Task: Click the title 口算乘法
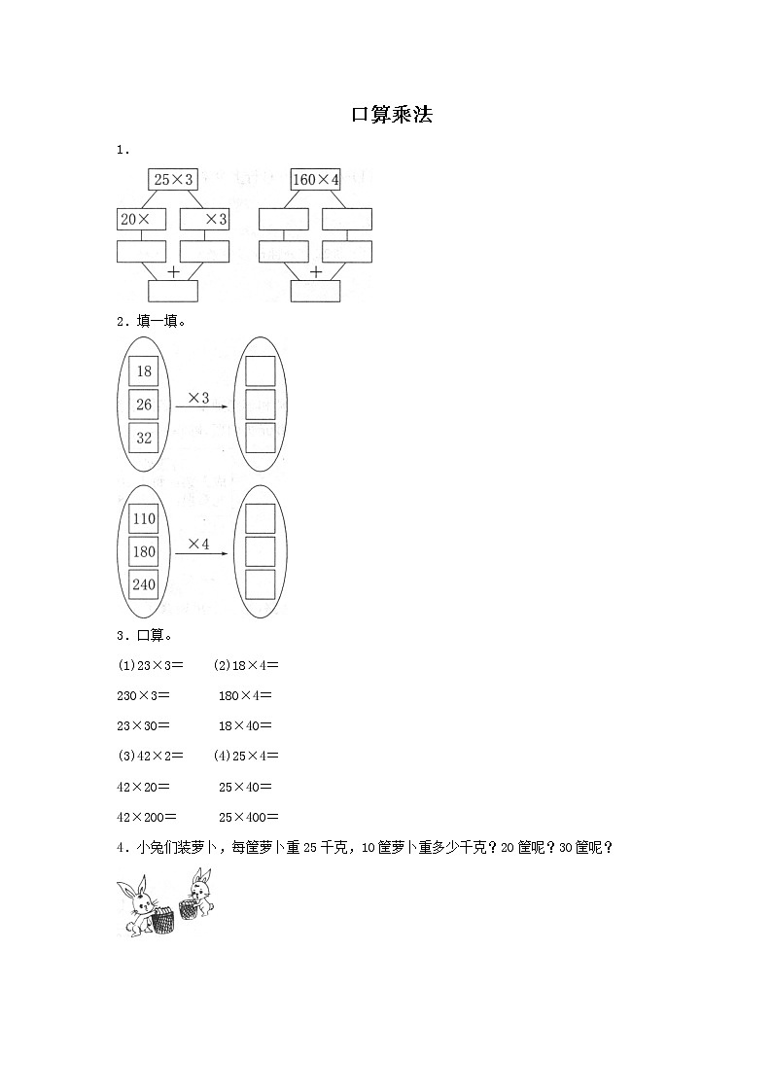click(x=391, y=115)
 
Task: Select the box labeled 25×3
click(x=173, y=180)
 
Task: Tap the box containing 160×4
click(x=316, y=180)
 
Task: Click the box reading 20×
click(x=141, y=220)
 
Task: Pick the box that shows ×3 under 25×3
click(x=205, y=220)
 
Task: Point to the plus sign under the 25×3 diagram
click(x=173, y=272)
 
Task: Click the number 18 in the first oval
click(x=145, y=371)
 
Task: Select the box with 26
click(x=145, y=405)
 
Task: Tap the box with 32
click(x=145, y=438)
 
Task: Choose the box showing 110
click(x=144, y=519)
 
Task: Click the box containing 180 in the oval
click(x=144, y=552)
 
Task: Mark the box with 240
click(x=144, y=585)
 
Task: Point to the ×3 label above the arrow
click(x=198, y=398)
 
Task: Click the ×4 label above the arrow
click(x=198, y=545)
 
